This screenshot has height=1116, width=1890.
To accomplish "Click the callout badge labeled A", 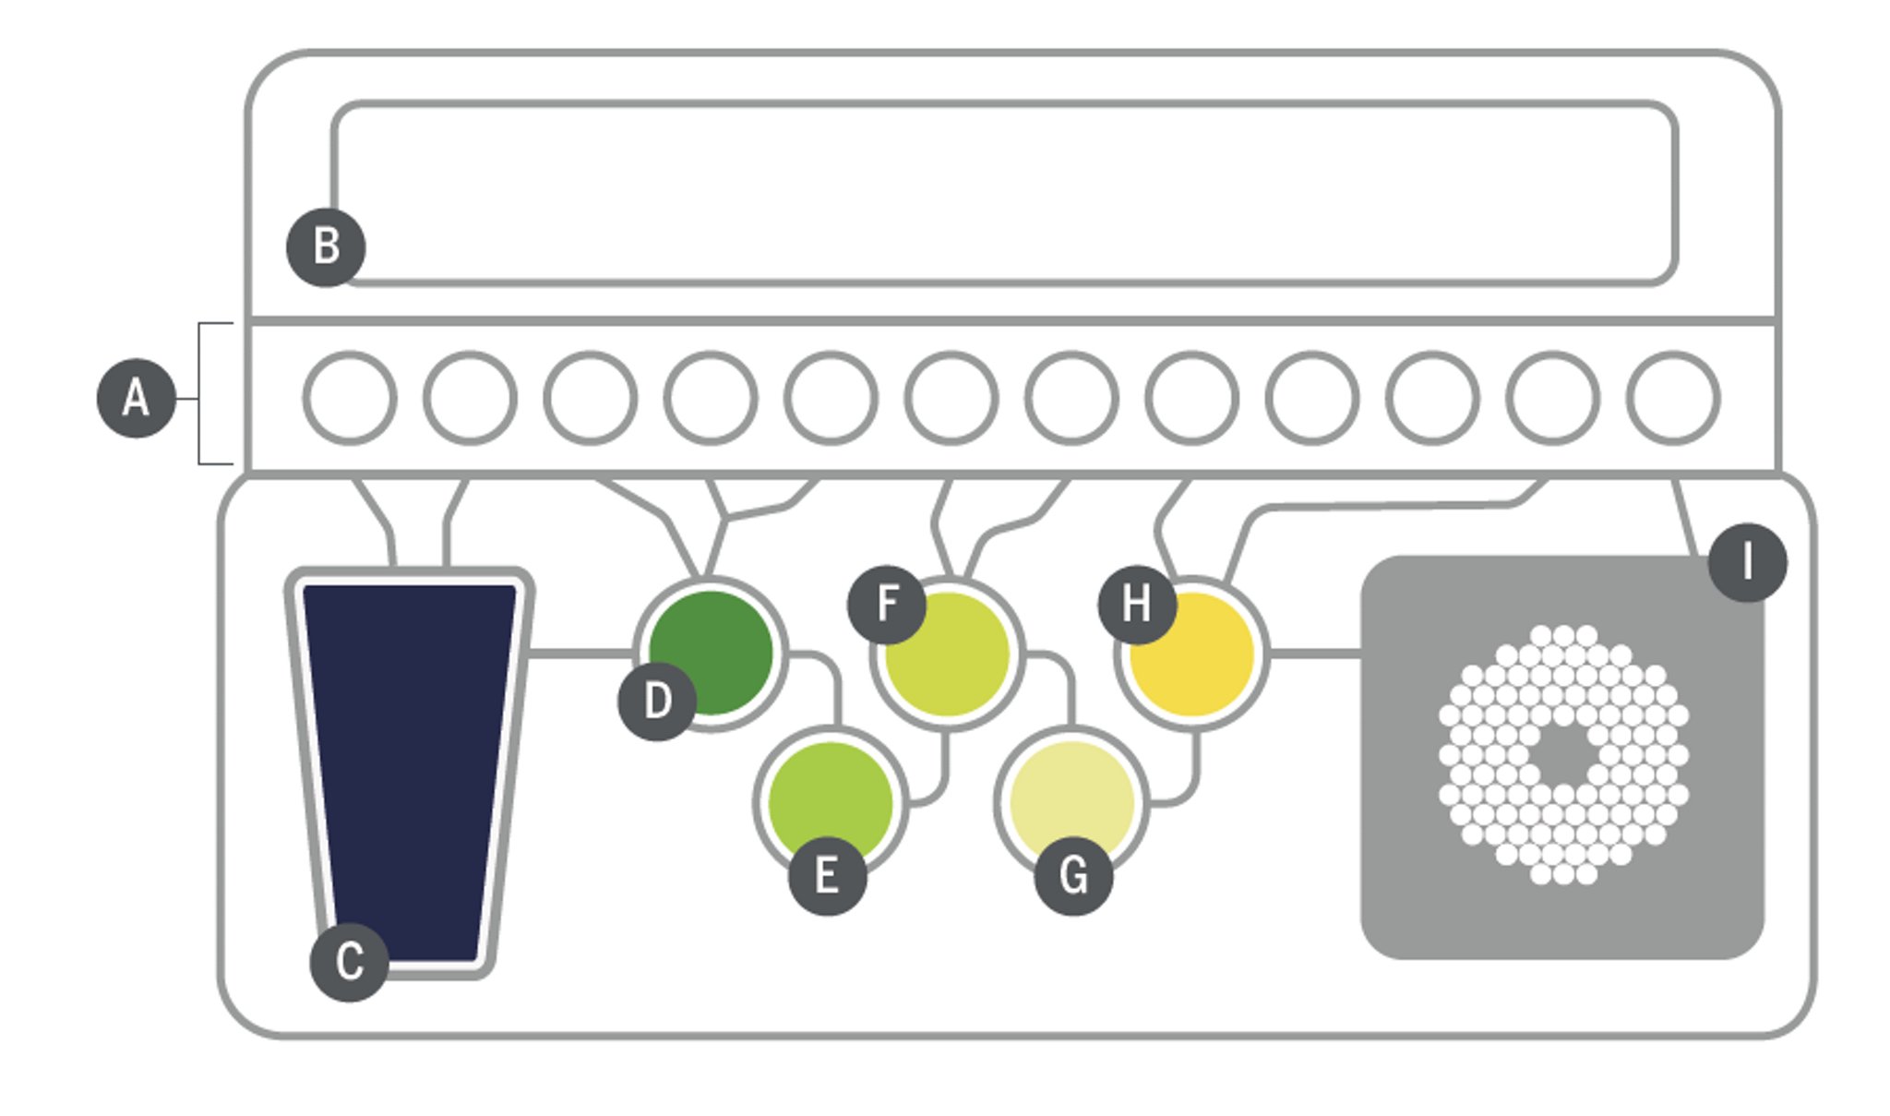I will point(136,398).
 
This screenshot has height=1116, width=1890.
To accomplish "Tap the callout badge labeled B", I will point(326,246).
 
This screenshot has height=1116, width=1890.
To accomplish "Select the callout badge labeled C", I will point(349,961).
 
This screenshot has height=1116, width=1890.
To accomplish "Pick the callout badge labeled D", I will point(657,701).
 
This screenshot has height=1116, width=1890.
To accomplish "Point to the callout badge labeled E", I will point(827,875).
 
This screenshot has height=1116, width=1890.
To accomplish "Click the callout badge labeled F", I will point(886,604).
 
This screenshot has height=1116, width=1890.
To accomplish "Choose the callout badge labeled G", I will point(1073,875).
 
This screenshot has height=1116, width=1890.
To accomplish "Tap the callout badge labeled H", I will point(1137,605).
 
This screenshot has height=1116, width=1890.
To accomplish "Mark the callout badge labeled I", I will point(1747,562).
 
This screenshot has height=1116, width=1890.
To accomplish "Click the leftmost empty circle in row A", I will point(350,398).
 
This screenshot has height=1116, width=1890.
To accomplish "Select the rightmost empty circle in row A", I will point(1672,398).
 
